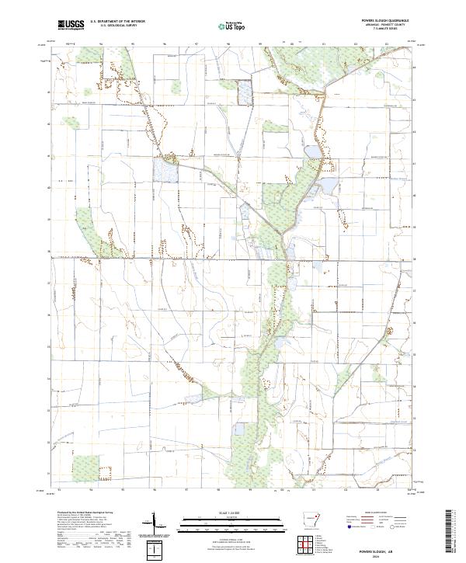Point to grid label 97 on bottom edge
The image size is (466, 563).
[x=186, y=490]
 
